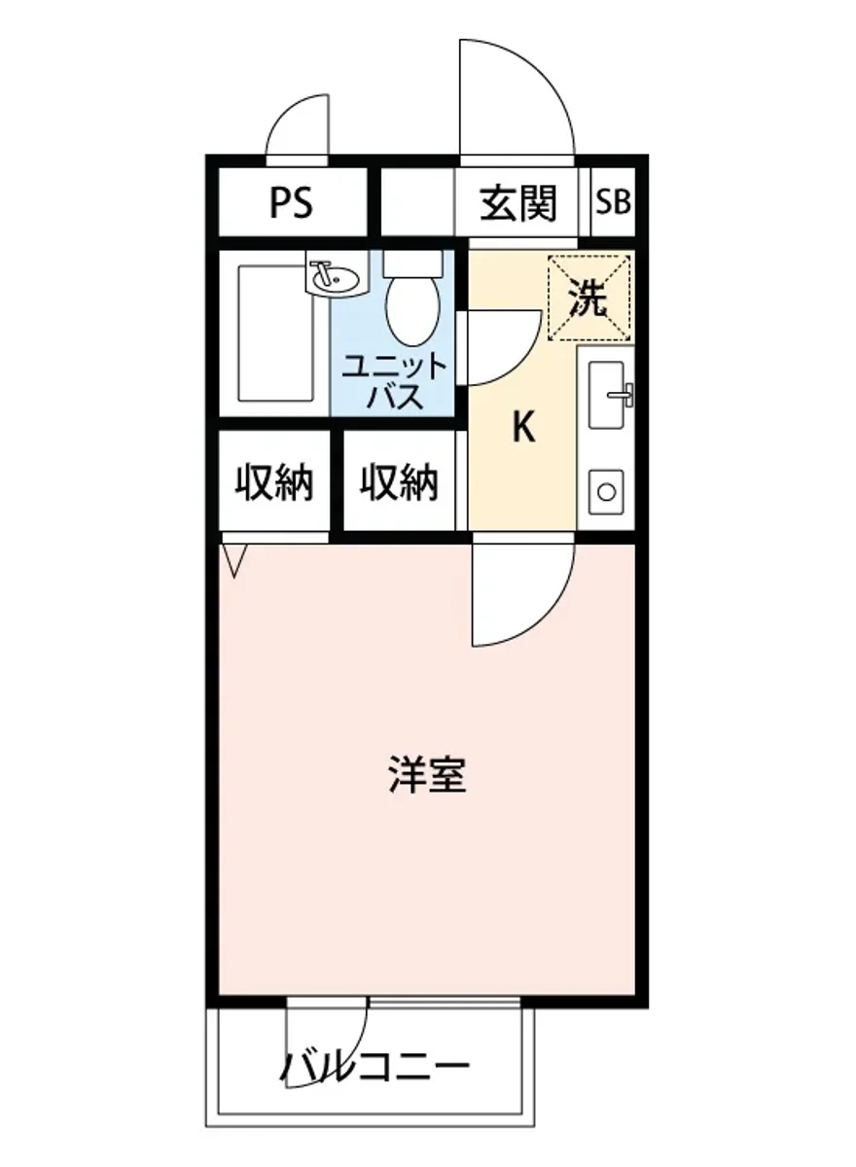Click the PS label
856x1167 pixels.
click(x=291, y=204)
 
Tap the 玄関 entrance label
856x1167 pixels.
click(x=518, y=204)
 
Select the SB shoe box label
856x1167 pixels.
click(x=613, y=204)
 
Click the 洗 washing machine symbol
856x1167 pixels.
click(x=588, y=299)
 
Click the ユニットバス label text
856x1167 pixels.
click(x=394, y=381)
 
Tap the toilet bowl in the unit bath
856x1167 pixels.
click(x=412, y=305)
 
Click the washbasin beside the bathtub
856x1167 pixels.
click(x=335, y=278)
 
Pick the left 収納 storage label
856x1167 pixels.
click(x=275, y=482)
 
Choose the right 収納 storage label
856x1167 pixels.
click(x=399, y=482)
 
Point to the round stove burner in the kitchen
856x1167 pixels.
click(x=607, y=492)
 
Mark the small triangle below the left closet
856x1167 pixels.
click(x=234, y=559)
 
